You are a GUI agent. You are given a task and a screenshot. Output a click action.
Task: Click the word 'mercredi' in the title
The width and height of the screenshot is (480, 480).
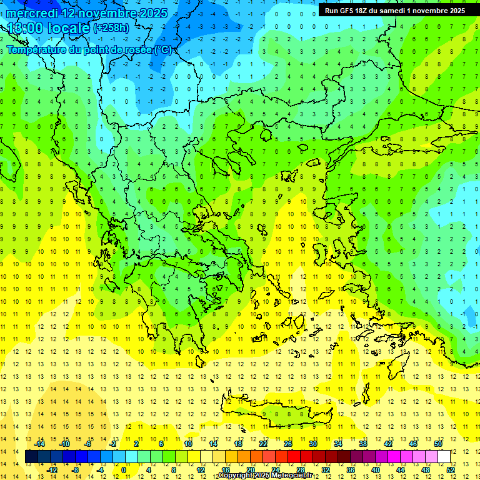(31, 13)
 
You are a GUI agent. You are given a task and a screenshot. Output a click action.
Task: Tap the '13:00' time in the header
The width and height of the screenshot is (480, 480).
(24, 27)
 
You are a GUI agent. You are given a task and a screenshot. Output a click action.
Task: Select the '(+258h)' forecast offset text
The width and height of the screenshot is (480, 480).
(111, 27)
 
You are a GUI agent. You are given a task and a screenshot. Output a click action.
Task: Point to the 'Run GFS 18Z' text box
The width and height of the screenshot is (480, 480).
(395, 11)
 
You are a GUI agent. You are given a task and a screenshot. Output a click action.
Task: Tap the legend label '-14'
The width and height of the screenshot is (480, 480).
(40, 444)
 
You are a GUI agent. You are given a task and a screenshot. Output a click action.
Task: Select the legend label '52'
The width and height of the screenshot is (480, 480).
(451, 469)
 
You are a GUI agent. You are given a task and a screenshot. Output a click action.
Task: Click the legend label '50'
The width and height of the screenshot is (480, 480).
(438, 444)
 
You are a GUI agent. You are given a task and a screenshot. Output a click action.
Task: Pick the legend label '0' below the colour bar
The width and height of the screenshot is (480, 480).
(123, 469)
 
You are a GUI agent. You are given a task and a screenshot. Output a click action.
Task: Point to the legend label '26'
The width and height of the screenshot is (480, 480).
(288, 444)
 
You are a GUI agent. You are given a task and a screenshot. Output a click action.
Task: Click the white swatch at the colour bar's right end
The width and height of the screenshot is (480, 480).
(444, 457)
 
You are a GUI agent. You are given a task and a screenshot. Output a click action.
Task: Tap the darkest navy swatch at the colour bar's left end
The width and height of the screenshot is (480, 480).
(31, 457)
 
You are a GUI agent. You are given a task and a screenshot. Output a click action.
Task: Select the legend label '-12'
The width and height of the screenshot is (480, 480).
(52, 469)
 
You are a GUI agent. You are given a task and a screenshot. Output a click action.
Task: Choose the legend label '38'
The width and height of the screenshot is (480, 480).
(363, 444)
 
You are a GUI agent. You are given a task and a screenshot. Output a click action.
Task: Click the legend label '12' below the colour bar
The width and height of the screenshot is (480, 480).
(201, 469)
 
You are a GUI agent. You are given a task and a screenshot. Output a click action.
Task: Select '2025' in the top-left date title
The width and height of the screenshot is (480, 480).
(149, 13)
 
